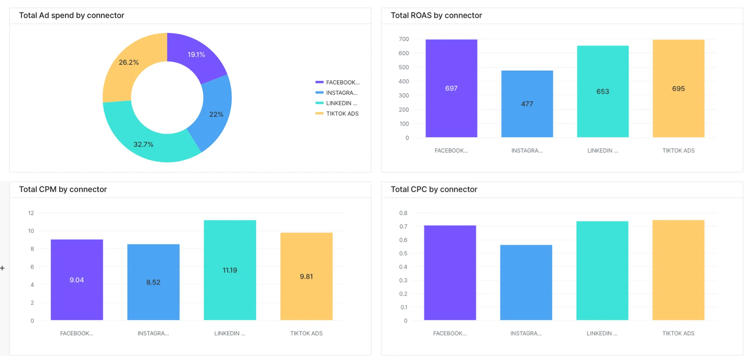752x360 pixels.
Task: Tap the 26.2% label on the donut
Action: coord(129,62)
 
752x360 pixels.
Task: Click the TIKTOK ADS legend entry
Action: coord(342,114)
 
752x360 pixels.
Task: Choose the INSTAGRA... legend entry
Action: coord(341,93)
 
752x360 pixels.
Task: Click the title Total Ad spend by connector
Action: coord(72,15)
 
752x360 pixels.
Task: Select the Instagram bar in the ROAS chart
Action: coord(527,110)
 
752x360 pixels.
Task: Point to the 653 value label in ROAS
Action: coord(603,91)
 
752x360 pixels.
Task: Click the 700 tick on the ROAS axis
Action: coord(404,39)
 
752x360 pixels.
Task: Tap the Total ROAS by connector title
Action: coord(436,15)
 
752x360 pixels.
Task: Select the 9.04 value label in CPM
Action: coord(77,280)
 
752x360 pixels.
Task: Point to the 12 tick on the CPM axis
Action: coord(31,213)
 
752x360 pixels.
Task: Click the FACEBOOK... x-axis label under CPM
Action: coord(77,333)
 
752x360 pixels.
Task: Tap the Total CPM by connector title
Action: coord(63,189)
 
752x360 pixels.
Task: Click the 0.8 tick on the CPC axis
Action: coord(403,213)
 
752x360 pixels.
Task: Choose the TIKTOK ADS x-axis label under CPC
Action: coord(678,333)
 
